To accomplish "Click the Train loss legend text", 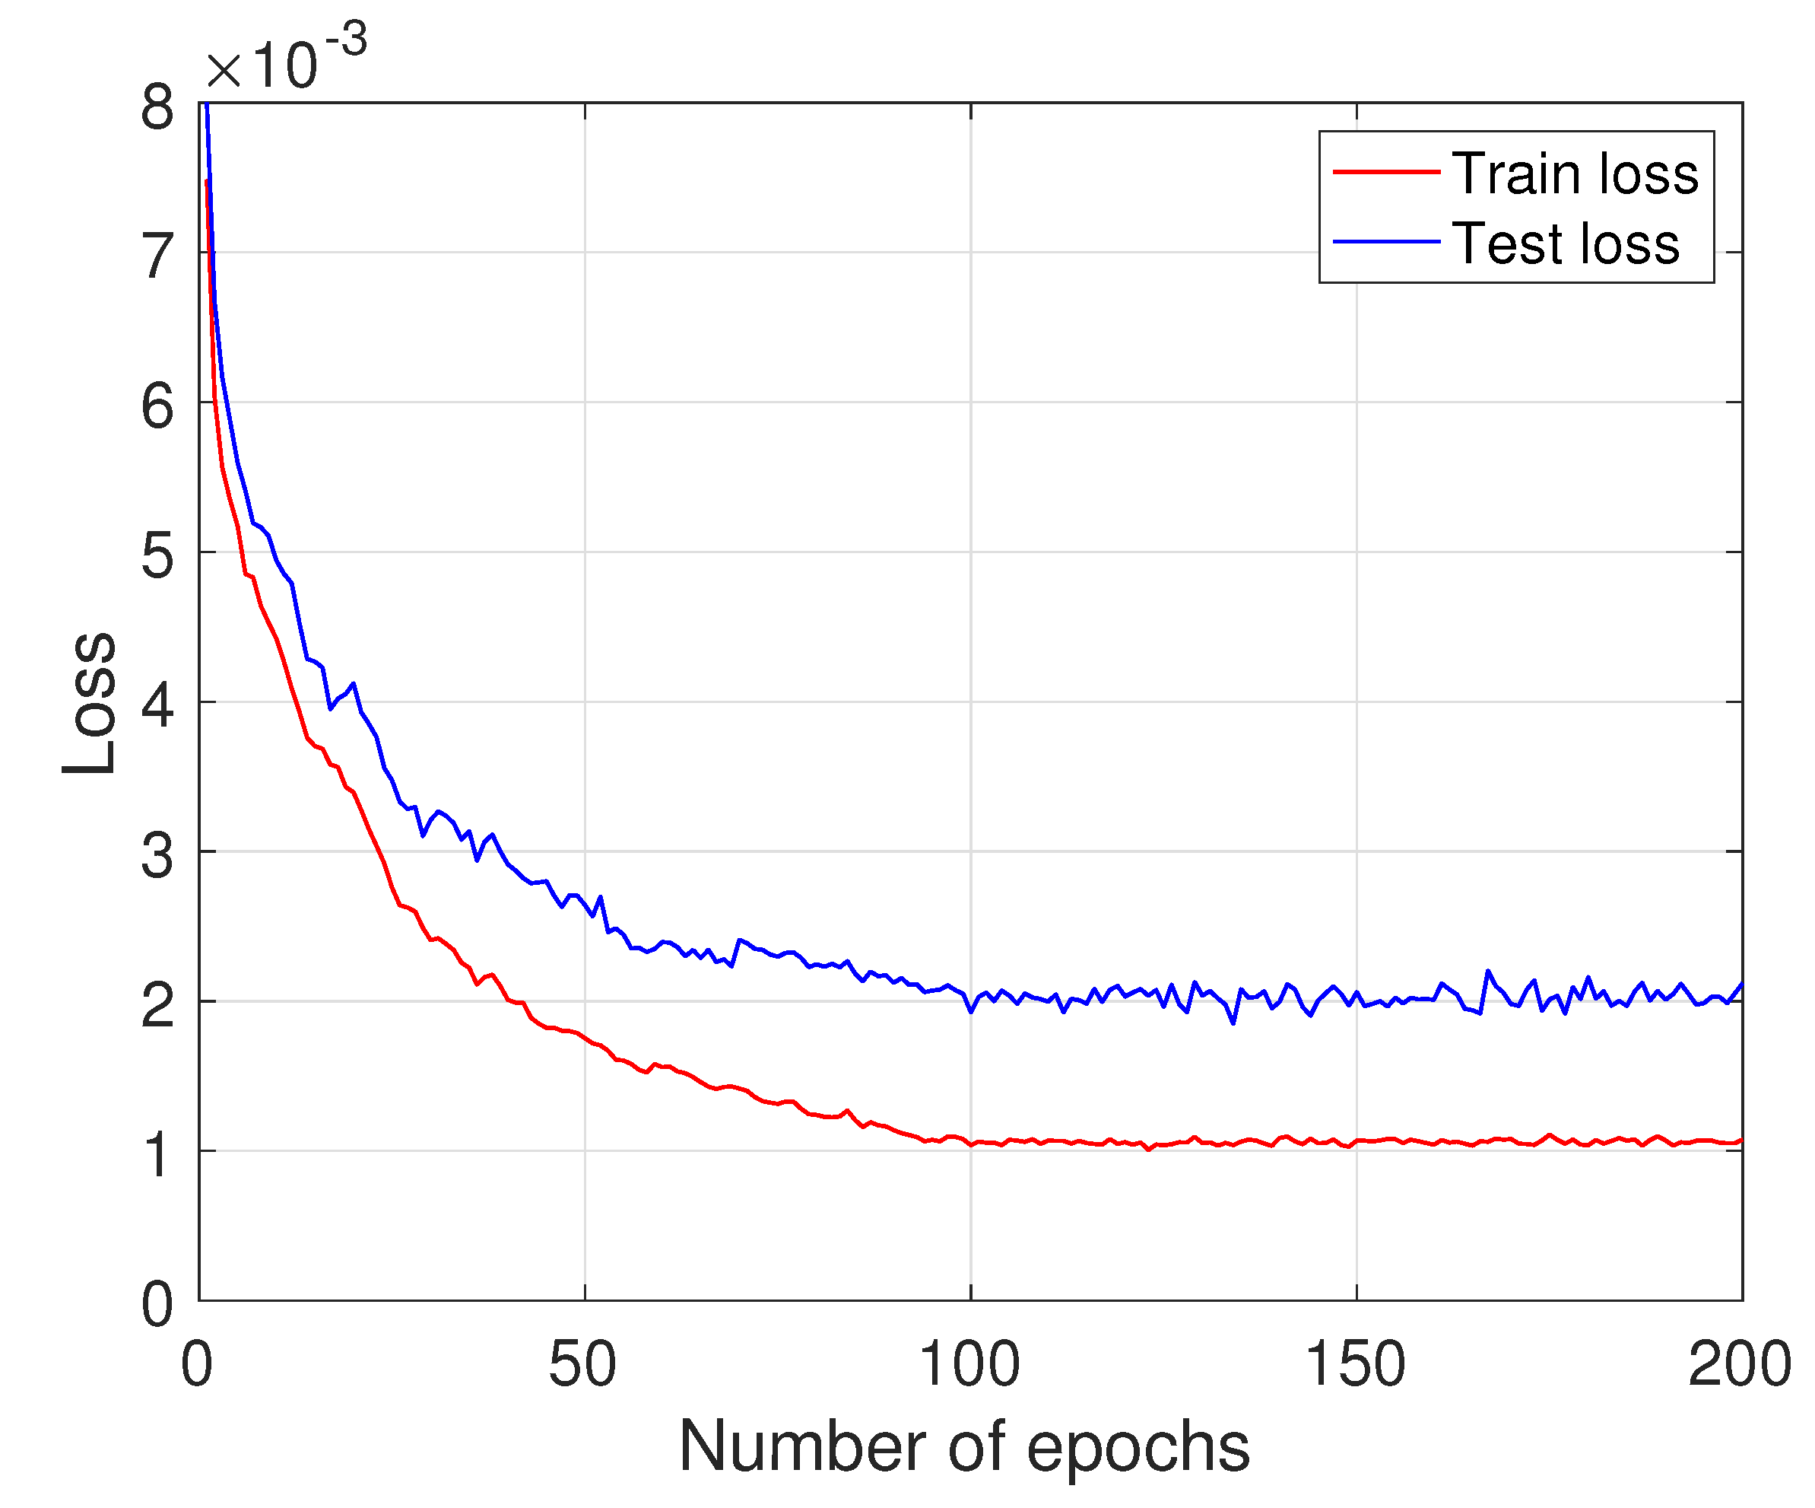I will point(1574,173).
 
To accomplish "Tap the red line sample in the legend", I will point(1385,172).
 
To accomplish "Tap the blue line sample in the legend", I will point(1385,241).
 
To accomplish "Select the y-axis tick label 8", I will point(157,109).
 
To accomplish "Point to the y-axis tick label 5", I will point(157,556).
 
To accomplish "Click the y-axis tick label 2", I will point(157,1006).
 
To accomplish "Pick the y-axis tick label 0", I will point(157,1304).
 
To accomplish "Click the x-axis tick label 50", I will point(582,1364).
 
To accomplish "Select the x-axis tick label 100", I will point(969,1364).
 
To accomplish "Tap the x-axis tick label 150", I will point(1354,1364).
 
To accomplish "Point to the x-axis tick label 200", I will point(1739,1364).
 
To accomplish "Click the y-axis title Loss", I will point(90,703).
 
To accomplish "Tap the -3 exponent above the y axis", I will point(346,39).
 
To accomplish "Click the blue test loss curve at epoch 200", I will point(1740,985).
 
